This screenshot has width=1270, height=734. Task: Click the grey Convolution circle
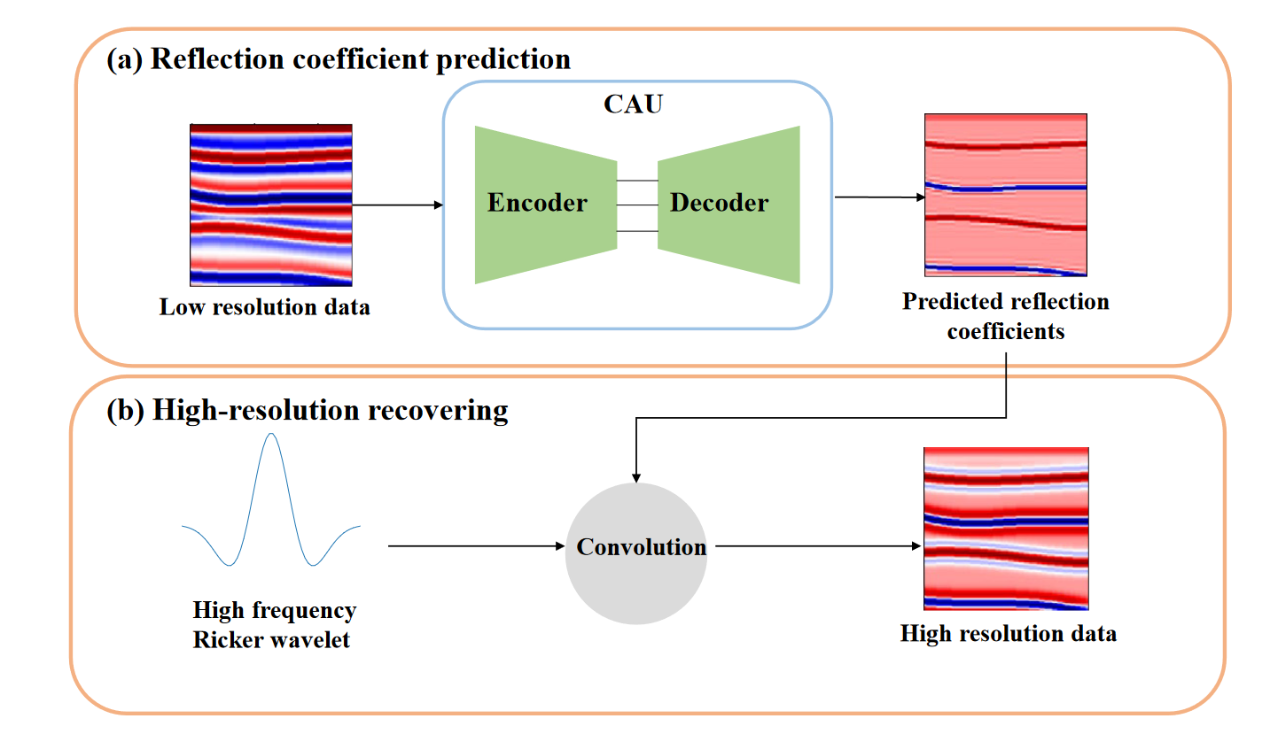[x=636, y=546]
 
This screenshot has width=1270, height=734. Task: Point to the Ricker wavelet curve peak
[x=271, y=435]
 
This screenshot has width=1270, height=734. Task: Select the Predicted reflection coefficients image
[x=1005, y=195]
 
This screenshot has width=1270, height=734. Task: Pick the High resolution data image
[x=1005, y=529]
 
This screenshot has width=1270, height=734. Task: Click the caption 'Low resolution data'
[x=264, y=308]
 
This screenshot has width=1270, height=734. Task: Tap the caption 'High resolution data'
[x=1008, y=634]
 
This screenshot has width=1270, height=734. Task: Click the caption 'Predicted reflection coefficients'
[x=1005, y=316]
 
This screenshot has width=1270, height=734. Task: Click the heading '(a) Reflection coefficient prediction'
[x=339, y=59]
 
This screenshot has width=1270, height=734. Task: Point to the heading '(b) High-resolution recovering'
[x=307, y=411]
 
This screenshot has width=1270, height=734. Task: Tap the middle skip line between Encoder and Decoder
[x=636, y=205]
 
